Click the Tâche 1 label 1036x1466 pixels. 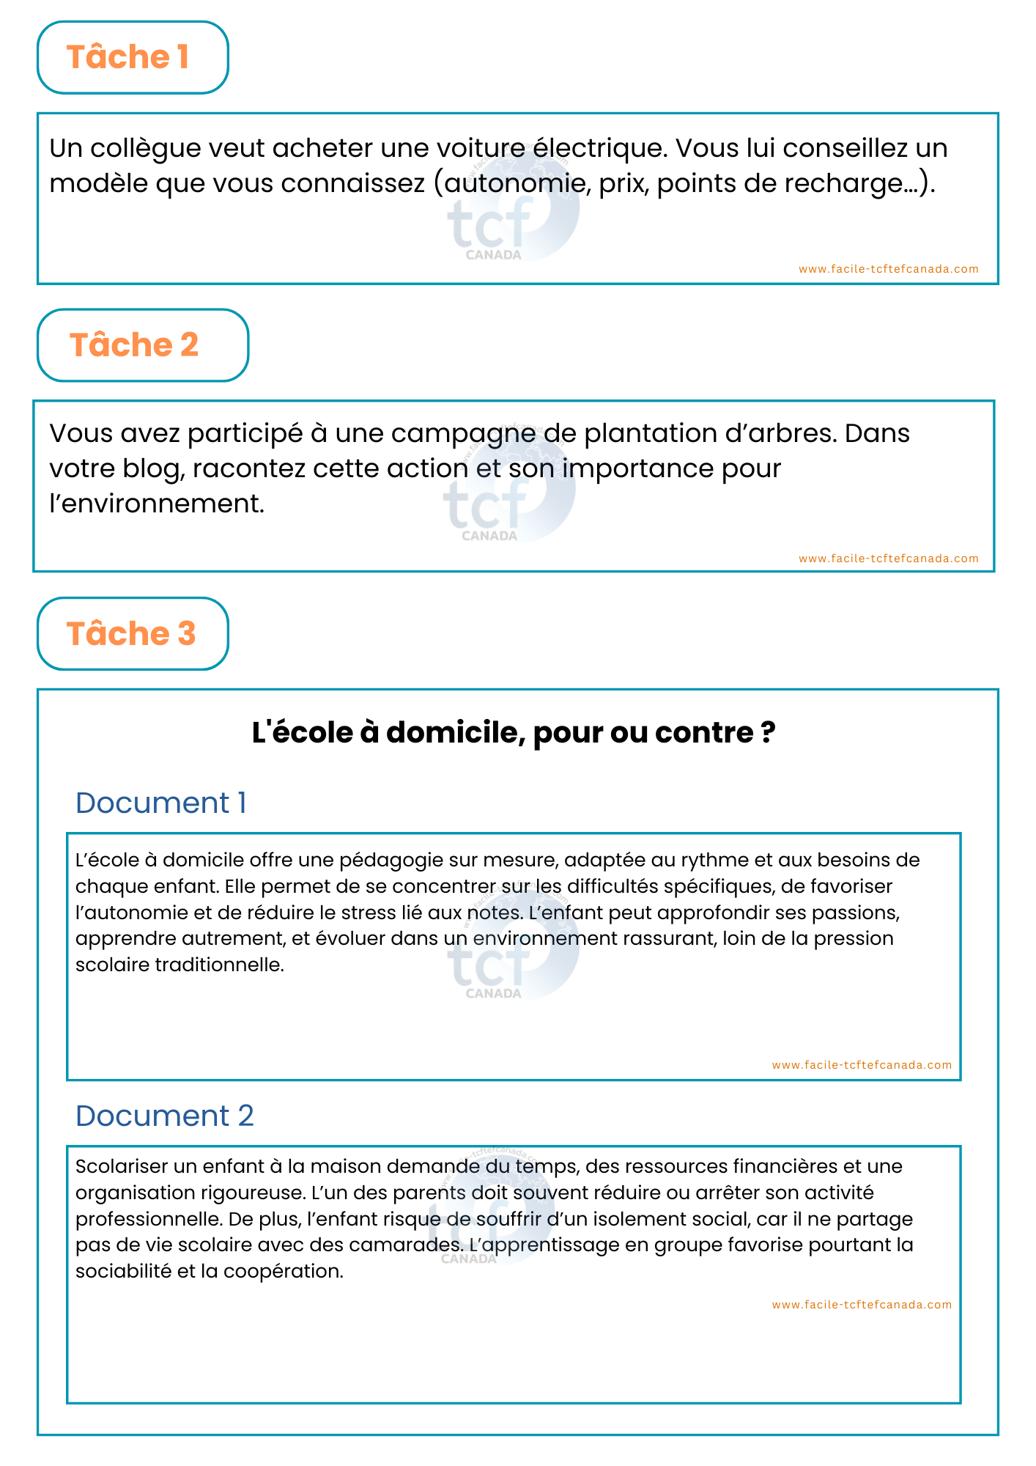(x=128, y=57)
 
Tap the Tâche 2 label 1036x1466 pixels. (x=134, y=345)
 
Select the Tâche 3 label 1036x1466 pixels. (x=131, y=634)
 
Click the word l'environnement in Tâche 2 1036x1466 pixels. (x=157, y=504)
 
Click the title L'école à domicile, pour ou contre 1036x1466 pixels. (x=514, y=732)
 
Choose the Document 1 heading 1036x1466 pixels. (x=160, y=803)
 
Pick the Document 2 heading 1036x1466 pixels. (x=164, y=1116)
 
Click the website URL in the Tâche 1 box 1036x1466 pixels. (x=888, y=269)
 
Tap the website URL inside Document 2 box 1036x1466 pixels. (x=862, y=1305)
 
